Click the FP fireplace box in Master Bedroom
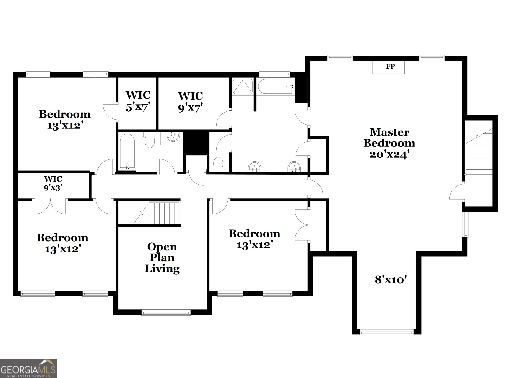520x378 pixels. coord(388,67)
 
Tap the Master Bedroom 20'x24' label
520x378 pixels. coord(389,143)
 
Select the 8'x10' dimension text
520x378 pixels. coord(391,279)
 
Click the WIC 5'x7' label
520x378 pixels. coord(138,101)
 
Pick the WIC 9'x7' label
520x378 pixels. coord(190,102)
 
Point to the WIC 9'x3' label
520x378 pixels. coord(53,183)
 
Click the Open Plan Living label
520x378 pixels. coord(162,258)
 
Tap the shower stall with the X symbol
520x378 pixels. coord(242,87)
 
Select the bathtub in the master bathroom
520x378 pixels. coord(275,87)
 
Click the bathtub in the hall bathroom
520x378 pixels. coord(127,151)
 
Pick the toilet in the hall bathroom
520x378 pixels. coord(150,140)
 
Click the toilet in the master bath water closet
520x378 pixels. coord(218,164)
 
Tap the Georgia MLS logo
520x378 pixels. coord(28,368)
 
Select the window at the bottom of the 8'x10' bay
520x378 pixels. coord(386,332)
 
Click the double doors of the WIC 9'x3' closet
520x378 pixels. coord(50,206)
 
